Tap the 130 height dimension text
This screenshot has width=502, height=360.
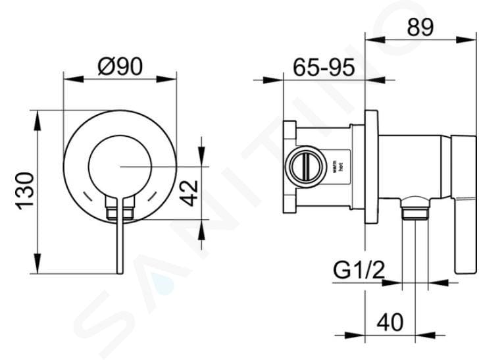(25, 191)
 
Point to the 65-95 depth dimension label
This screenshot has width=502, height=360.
(324, 66)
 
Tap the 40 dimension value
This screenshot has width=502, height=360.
(389, 322)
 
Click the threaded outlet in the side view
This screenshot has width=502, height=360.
(414, 211)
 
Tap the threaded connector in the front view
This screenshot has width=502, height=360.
(120, 212)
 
